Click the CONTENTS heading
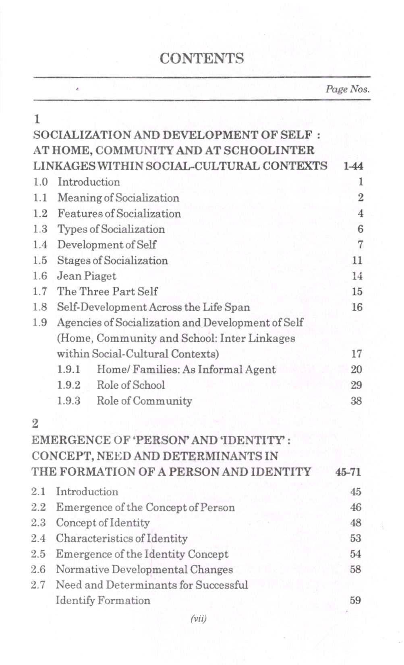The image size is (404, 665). tap(201, 58)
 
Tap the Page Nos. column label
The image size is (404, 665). tap(348, 89)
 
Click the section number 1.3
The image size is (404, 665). tap(40, 229)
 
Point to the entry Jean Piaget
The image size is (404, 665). tap(86, 276)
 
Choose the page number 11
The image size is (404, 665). tap(357, 261)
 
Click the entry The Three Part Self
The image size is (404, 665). tap(107, 291)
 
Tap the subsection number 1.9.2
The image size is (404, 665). tap(68, 385)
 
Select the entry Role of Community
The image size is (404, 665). tap(144, 401)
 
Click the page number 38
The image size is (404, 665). tap(356, 401)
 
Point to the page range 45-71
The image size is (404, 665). tap(348, 472)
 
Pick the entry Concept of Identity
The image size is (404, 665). tap(103, 523)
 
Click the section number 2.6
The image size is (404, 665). tap(38, 570)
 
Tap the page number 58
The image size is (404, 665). tap(355, 570)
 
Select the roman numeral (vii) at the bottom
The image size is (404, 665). tap(198, 618)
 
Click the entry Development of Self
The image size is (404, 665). tap(107, 245)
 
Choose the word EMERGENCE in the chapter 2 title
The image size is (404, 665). tap(66, 440)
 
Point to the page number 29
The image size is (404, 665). tap(356, 385)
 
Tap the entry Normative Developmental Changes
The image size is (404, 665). tap(144, 570)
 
